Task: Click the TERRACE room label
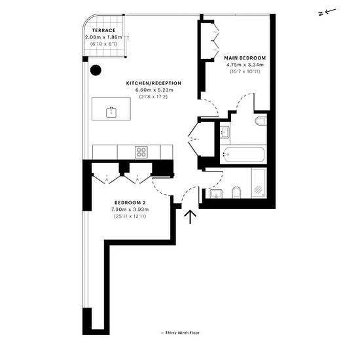coord(104,30)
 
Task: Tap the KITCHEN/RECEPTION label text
coord(154,83)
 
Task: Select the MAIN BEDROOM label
coord(245,58)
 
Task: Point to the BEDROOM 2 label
coord(130,203)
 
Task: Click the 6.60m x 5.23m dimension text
coord(154,90)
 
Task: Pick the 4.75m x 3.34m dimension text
coord(245,65)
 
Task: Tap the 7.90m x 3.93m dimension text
coord(130,209)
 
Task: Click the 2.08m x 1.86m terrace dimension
coord(103,37)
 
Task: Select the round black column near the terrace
coord(96,70)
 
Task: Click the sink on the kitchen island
coord(111,113)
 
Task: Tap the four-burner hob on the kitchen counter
coord(141,152)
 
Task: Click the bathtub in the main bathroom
coord(244,154)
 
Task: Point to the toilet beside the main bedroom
coord(261,121)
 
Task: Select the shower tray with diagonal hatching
coord(259,183)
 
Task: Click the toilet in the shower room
coord(236,192)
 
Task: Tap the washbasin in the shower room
coord(216,194)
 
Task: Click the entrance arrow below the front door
coord(190,217)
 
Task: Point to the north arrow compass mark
coord(327,12)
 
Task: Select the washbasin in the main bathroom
coord(225,132)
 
